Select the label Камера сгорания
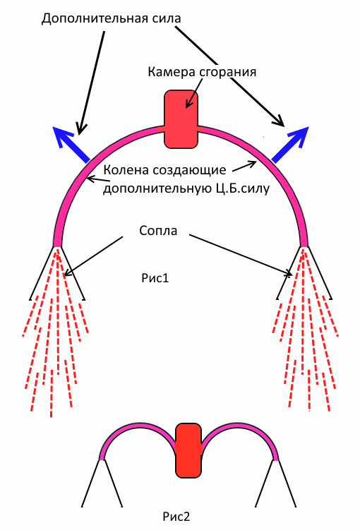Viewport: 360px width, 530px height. [202, 72]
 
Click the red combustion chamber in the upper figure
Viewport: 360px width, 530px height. [181, 119]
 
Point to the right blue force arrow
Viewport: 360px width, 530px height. [290, 145]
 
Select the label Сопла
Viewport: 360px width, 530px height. [158, 231]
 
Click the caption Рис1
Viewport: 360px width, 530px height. [155, 278]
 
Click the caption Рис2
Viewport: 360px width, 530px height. [176, 517]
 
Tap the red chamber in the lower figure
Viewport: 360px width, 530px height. [188, 450]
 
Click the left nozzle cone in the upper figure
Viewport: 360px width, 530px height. [56, 273]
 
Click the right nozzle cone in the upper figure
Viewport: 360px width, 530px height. [304, 273]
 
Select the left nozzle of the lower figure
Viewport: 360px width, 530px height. [102, 483]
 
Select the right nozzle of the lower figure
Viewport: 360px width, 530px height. [276, 483]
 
